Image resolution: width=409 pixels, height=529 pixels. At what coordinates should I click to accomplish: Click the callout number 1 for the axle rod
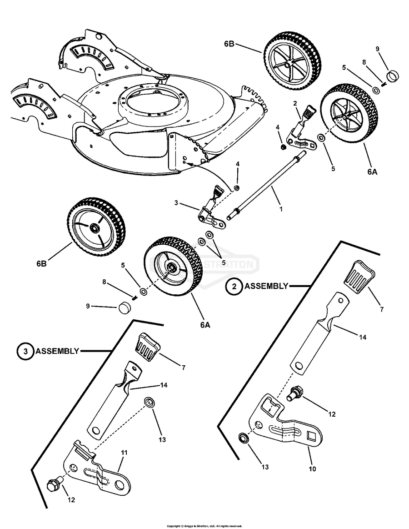point(281,210)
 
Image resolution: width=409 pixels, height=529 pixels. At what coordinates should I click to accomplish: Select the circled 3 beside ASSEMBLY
point(25,351)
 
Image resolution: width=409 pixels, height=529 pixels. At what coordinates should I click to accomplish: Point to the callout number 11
point(124,453)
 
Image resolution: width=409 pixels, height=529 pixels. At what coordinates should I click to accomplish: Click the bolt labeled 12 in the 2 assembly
point(295,392)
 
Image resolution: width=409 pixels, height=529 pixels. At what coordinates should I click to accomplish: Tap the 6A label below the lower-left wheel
point(205,325)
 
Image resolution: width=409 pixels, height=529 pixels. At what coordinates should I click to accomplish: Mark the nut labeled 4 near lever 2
point(283,146)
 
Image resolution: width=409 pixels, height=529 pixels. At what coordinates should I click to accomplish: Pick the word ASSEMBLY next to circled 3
point(57,351)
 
